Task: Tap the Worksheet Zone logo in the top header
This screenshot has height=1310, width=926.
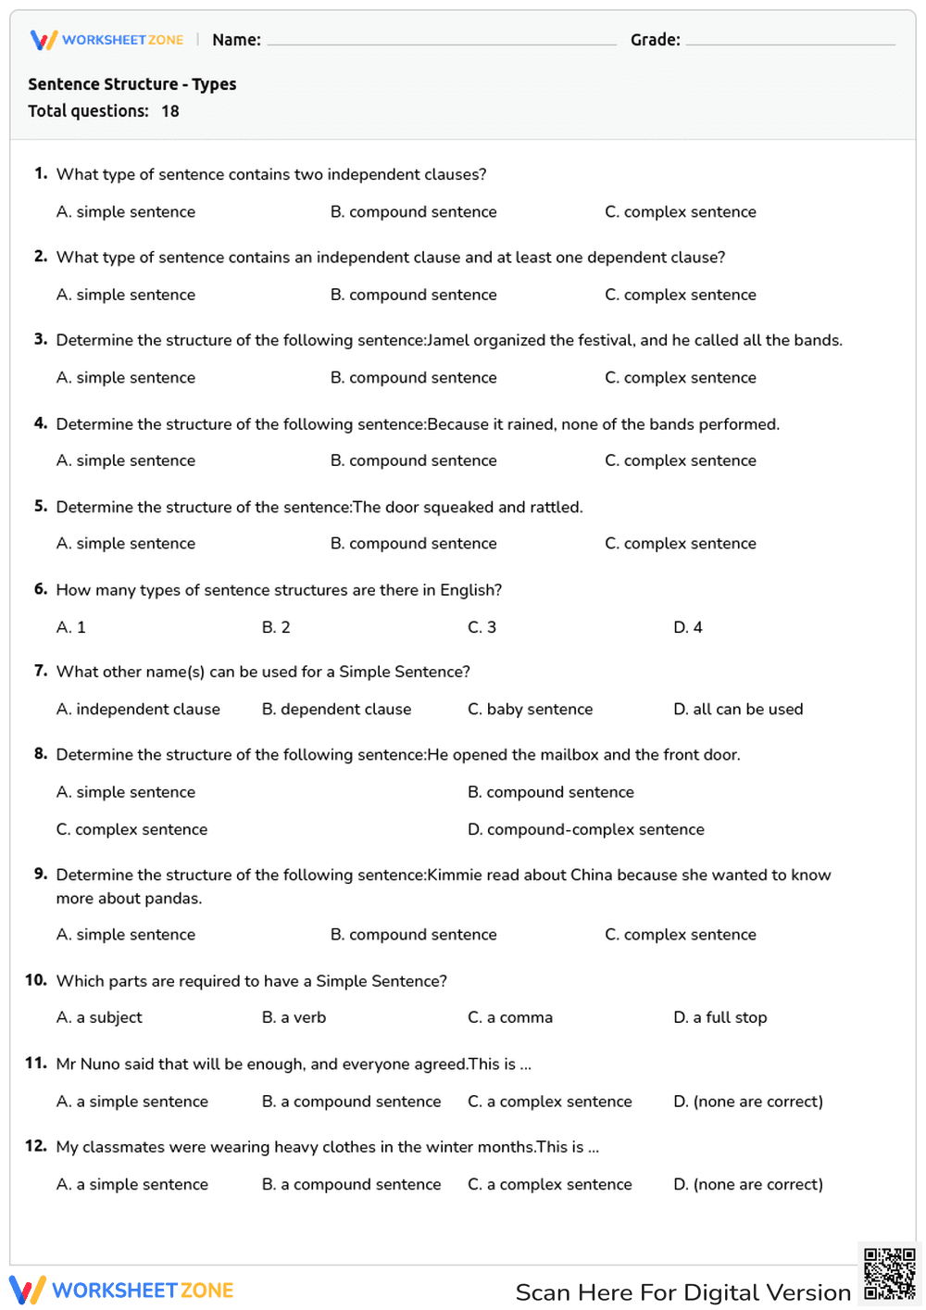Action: [x=106, y=40]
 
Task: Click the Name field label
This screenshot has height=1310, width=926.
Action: [x=236, y=40]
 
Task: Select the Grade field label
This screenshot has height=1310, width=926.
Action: [x=655, y=40]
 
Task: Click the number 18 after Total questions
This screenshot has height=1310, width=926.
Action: [x=170, y=111]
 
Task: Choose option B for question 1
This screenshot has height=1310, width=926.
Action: [x=413, y=212]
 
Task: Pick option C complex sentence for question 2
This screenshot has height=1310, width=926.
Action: [x=680, y=295]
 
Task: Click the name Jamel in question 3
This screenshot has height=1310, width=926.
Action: [x=448, y=340]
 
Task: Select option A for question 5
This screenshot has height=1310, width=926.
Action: [x=126, y=544]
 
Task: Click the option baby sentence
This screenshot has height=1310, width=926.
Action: [x=530, y=710]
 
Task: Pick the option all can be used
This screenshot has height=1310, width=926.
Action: [x=738, y=710]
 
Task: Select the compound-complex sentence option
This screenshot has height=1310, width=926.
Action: [x=585, y=829]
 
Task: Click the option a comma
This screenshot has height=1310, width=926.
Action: [x=510, y=1017]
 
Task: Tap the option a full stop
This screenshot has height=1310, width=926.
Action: [x=720, y=1017]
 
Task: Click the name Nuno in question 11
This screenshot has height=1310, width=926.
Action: [x=100, y=1064]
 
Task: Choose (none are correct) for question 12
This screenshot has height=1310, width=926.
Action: [x=748, y=1184]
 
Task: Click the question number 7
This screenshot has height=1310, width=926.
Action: [x=41, y=671]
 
